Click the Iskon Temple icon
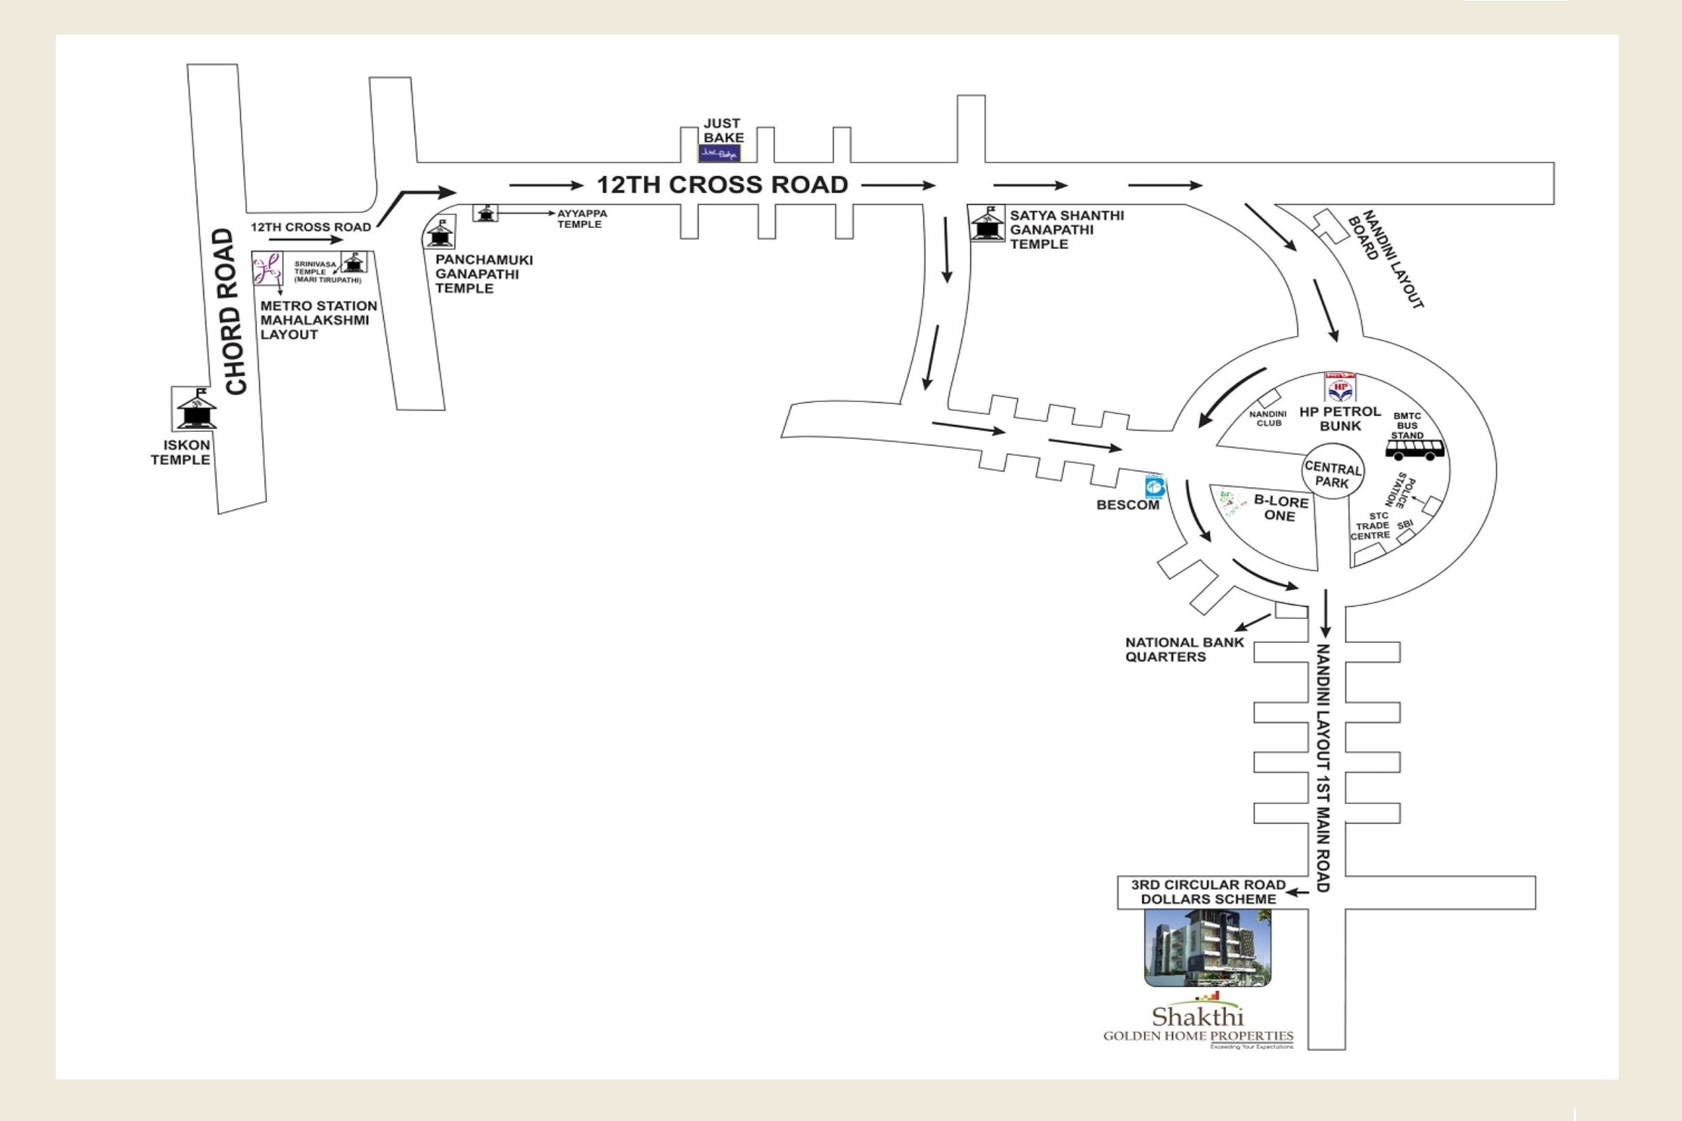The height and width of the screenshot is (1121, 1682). (197, 409)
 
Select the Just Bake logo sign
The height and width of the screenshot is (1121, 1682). (719, 153)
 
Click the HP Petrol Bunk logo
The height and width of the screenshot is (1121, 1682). (1340, 387)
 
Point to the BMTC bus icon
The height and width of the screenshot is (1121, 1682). (1415, 450)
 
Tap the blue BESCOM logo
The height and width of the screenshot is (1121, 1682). (1155, 486)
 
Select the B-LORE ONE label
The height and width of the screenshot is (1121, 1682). (1280, 508)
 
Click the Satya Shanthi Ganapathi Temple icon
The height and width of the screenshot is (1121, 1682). (987, 224)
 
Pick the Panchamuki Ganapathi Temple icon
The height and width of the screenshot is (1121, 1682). (440, 233)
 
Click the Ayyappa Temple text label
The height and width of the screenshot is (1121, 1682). (581, 219)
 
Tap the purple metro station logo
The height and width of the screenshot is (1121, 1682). (267, 268)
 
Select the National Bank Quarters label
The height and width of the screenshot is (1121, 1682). (1184, 649)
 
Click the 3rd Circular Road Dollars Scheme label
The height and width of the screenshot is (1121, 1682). (1208, 892)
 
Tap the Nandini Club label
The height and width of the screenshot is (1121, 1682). (1268, 418)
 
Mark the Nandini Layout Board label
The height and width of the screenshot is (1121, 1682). (1385, 258)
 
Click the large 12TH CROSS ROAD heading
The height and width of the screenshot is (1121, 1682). (723, 185)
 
